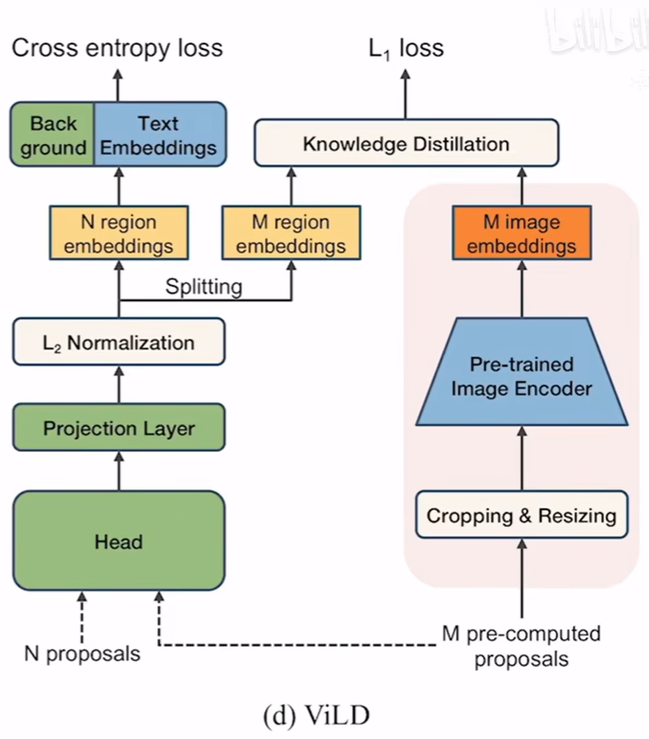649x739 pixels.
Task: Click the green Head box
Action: [118, 541]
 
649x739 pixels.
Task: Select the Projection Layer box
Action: [118, 427]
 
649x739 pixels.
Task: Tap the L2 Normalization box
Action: [118, 343]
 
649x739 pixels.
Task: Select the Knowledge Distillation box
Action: [406, 144]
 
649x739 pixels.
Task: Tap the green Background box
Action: [53, 136]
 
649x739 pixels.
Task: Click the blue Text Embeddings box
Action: [159, 136]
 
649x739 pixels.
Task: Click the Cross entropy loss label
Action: [117, 47]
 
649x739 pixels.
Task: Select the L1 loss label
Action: [406, 47]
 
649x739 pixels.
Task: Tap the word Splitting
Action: [203, 286]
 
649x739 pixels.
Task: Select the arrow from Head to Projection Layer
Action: [118, 471]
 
